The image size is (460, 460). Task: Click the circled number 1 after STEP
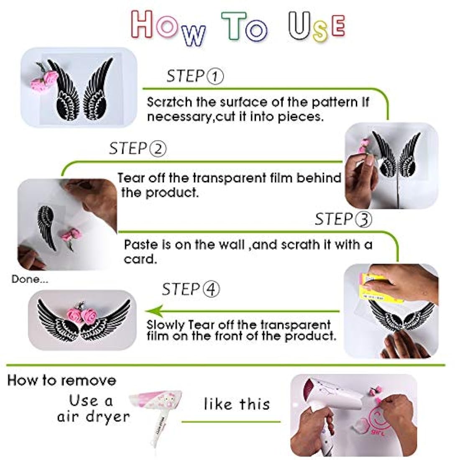215,77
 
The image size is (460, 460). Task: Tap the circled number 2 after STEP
158,149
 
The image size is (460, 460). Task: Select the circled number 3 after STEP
363,220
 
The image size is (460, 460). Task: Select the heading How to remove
62,380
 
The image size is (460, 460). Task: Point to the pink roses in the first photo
45,79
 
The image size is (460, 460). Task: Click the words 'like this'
237,404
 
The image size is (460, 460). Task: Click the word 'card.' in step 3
140,259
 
